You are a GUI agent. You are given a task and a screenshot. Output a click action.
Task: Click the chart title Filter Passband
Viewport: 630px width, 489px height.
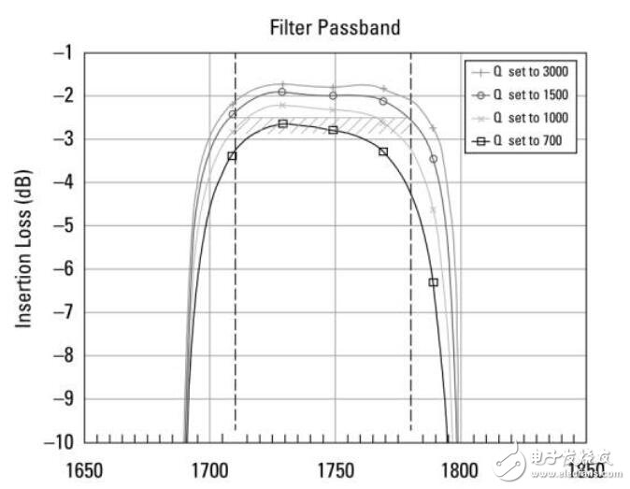pyautogui.click(x=335, y=27)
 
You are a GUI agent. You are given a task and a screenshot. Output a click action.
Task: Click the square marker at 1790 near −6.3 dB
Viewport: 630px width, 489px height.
pyautogui.click(x=433, y=281)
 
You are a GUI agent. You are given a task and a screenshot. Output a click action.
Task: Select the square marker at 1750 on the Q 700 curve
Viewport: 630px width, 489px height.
pyautogui.click(x=333, y=130)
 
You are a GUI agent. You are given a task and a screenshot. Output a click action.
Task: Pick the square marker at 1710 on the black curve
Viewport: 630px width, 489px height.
pyautogui.click(x=232, y=156)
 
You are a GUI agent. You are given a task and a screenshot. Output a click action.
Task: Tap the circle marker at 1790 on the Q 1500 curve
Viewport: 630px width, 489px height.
pyautogui.click(x=433, y=159)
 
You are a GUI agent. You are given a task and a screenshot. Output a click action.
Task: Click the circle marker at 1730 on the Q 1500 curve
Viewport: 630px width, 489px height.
pyautogui.click(x=282, y=92)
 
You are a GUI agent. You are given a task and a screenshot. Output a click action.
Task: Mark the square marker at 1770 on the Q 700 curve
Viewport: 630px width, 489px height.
pyautogui.click(x=383, y=151)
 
